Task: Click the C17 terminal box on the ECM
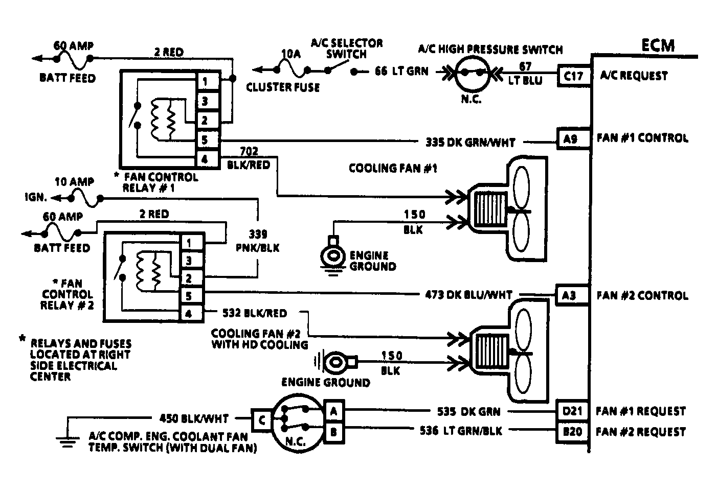click(573, 76)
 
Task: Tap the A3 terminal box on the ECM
click(569, 296)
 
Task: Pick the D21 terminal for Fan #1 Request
click(572, 411)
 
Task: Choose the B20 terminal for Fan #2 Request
click(572, 432)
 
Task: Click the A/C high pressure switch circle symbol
click(470, 73)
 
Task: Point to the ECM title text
click(658, 45)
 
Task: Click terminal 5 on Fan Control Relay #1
click(204, 140)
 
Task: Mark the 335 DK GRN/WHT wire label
click(470, 143)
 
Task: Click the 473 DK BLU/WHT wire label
click(468, 295)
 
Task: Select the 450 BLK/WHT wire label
click(194, 418)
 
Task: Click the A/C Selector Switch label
click(347, 48)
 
